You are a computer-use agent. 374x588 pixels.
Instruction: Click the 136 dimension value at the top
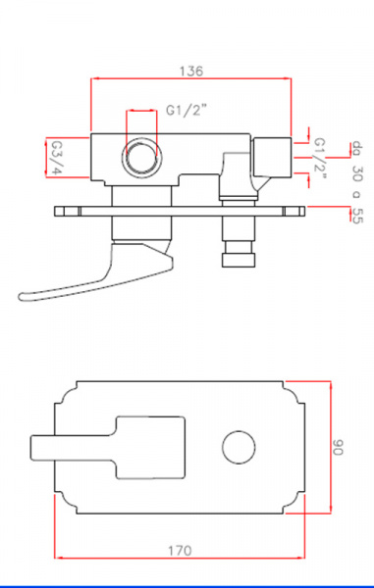pos(191,71)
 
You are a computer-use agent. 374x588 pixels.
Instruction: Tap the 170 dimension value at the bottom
pos(180,551)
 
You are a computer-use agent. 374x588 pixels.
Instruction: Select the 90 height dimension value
pos(338,447)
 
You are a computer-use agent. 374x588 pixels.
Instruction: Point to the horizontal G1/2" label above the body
pos(187,111)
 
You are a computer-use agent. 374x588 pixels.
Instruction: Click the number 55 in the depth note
pos(357,216)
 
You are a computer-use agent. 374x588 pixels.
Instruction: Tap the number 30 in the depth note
pos(357,173)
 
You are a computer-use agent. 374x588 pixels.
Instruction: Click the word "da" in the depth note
pos(356,148)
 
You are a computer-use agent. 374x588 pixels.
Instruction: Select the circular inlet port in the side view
pos(141,157)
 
